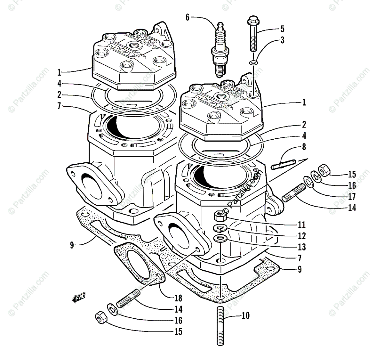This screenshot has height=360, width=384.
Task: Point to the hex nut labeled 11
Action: pyautogui.click(x=220, y=217)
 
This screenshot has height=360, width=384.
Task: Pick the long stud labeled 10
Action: pyautogui.click(x=220, y=325)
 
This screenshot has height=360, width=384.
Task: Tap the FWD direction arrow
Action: pyautogui.click(x=78, y=299)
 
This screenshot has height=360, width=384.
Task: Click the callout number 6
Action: pyautogui.click(x=188, y=17)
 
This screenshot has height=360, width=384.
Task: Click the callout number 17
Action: pyautogui.click(x=352, y=196)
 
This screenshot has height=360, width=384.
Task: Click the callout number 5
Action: pyautogui.click(x=282, y=29)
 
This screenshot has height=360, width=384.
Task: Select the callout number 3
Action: pyautogui.click(x=282, y=40)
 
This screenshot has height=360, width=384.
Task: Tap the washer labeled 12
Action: pyautogui.click(x=220, y=228)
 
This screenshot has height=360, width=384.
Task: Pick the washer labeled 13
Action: pyautogui.click(x=220, y=238)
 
